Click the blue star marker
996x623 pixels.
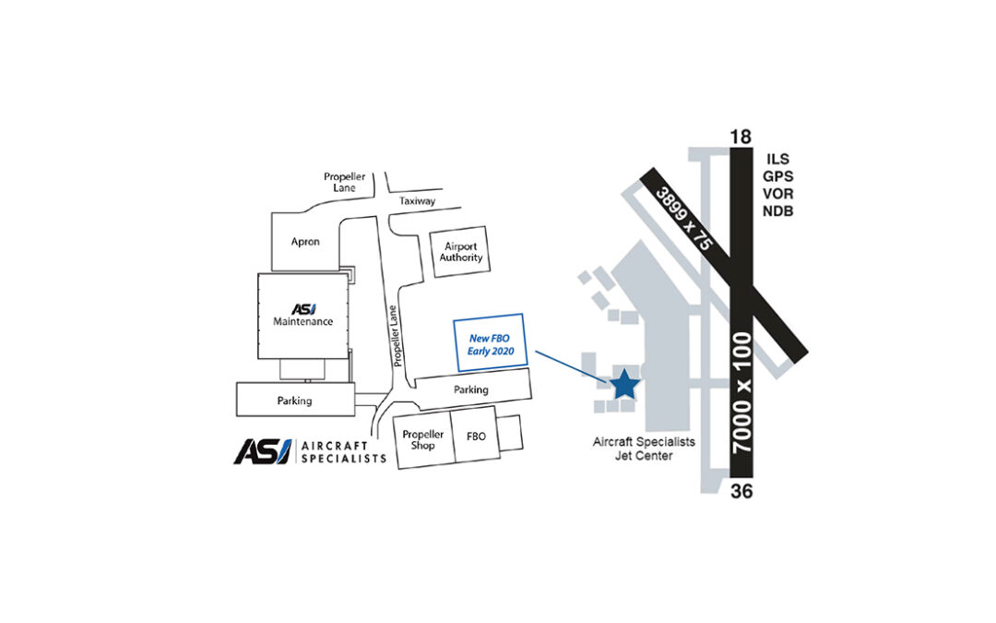pos(624,384)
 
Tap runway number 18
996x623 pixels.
pos(741,137)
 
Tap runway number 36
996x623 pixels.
pos(741,491)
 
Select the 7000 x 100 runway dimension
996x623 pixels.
pos(741,392)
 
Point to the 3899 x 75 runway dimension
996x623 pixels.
pos(684,218)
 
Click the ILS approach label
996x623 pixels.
pos(777,159)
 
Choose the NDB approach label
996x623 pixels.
pos(778,210)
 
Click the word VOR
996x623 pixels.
pos(778,193)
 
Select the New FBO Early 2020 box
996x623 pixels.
pos(491,342)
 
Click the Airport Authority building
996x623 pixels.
pos(460,252)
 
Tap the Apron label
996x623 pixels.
pos(305,242)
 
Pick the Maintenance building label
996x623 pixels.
pos(303,321)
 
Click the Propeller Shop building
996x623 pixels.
pos(423,439)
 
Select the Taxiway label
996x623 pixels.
pos(418,201)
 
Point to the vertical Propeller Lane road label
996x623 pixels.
pos(395,336)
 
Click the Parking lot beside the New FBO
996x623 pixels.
pos(472,389)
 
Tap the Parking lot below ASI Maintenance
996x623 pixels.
pos(295,400)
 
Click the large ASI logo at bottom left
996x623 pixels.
pos(263,451)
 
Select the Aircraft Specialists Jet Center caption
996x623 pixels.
pos(644,449)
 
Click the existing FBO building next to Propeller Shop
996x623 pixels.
pos(476,436)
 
